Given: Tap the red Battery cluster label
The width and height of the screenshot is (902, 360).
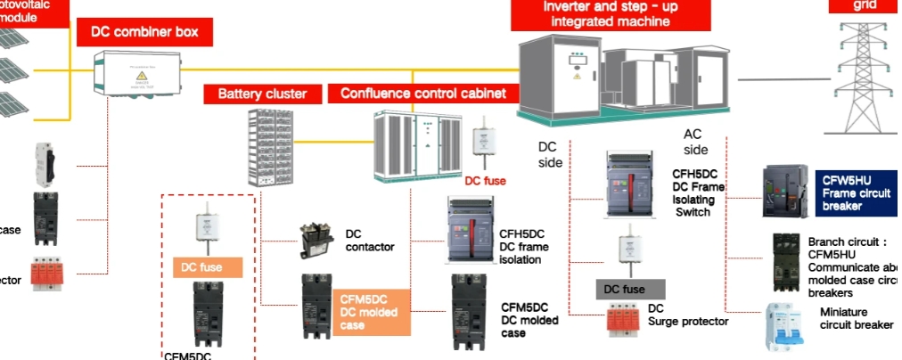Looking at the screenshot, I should click(262, 93).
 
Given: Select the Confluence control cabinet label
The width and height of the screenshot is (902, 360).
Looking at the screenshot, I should click(423, 93).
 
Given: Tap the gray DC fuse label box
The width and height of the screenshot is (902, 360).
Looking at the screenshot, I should click(630, 289).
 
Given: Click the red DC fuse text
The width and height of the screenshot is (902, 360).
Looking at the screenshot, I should click(485, 181).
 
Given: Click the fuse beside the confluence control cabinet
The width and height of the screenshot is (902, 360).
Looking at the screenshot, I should click(487, 142).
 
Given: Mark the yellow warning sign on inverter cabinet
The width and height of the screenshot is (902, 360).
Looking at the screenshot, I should click(576, 77).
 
